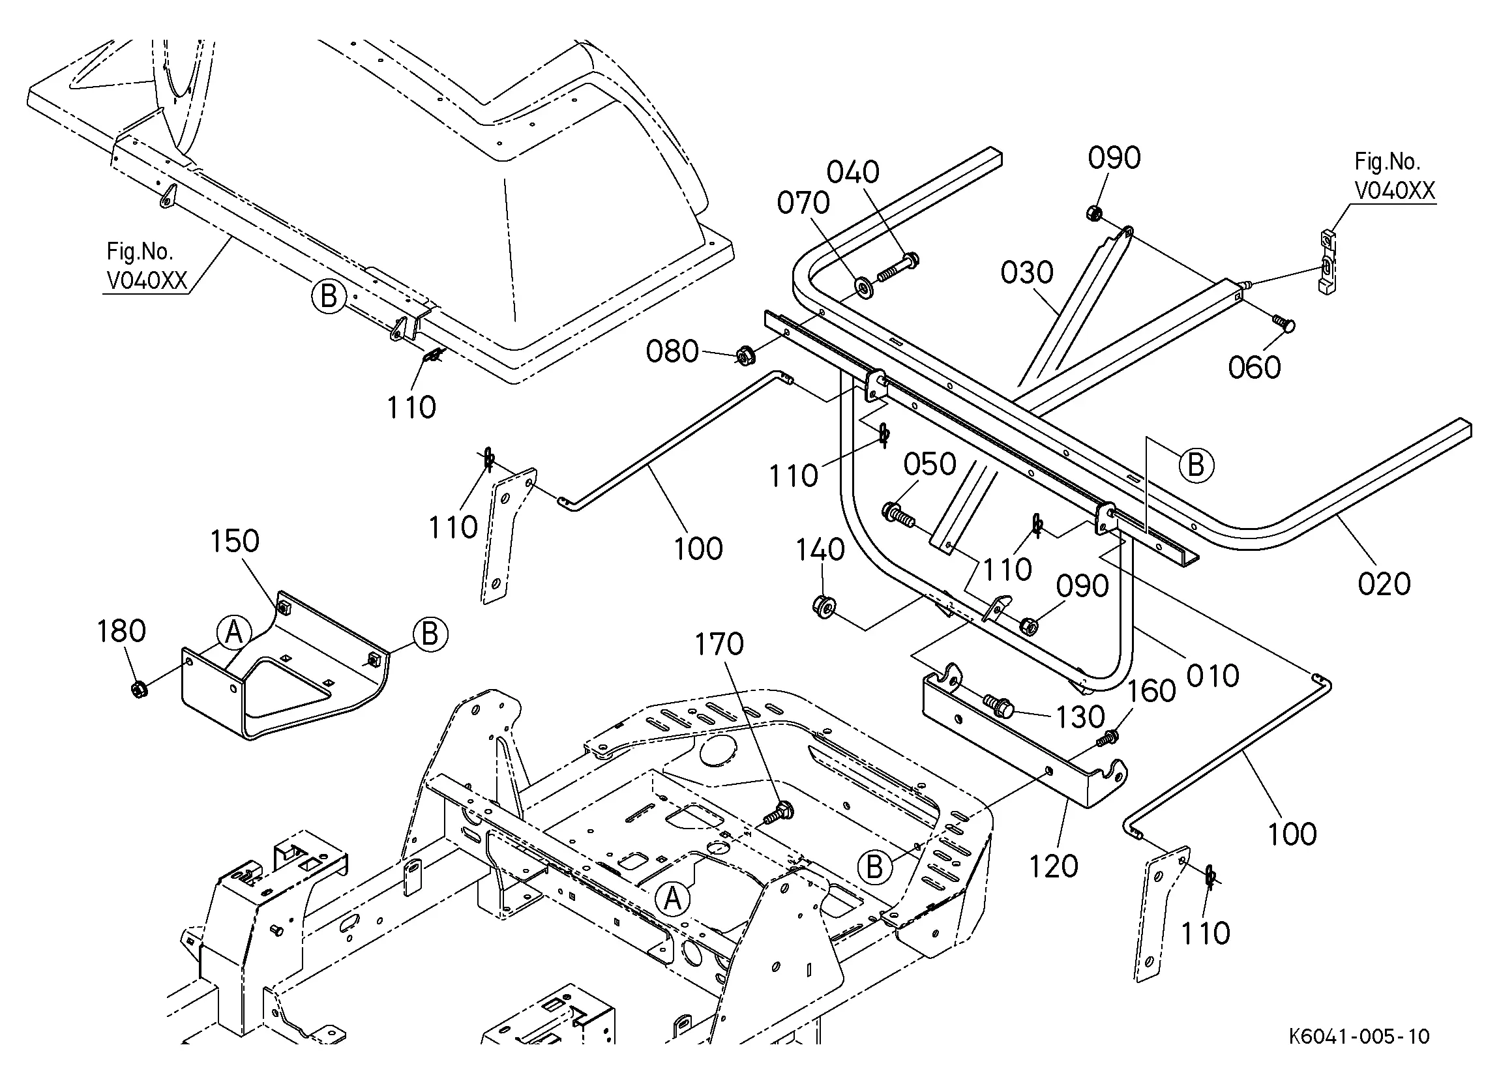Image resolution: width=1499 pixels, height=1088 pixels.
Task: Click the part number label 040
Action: tap(853, 173)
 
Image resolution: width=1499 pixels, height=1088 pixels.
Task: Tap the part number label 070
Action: tap(803, 203)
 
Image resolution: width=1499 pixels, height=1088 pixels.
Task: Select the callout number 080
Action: tap(672, 351)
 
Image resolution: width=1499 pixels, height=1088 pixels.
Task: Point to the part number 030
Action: tap(1026, 272)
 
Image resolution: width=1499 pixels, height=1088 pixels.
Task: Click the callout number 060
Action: tap(1254, 368)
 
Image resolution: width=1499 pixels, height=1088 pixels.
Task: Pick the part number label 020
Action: tap(1384, 584)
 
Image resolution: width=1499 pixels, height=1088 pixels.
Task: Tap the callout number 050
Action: tap(930, 465)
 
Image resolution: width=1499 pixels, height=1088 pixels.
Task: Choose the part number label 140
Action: tap(820, 550)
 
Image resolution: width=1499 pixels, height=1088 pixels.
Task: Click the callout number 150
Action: tap(235, 541)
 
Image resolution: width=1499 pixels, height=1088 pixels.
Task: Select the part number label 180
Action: tap(122, 631)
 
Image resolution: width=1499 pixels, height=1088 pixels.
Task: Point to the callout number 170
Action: tap(719, 645)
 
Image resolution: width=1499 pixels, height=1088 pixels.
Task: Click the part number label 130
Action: tap(1080, 717)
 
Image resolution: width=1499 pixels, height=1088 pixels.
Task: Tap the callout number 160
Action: tap(1151, 692)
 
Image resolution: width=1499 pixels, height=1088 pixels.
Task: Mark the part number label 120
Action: tap(1054, 866)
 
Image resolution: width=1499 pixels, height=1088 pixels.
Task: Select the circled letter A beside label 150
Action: tap(234, 632)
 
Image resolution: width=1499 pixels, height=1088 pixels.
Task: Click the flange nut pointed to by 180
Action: tap(139, 690)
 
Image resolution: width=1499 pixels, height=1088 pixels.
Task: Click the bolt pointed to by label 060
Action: tap(1284, 324)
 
